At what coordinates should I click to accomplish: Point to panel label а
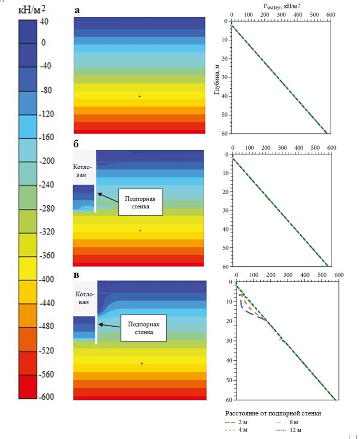tap(77, 10)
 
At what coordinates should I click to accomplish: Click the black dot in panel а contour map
tap(139, 96)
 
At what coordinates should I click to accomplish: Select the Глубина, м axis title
tap(218, 79)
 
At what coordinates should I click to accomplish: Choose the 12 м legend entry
tap(292, 431)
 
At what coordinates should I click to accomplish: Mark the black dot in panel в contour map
tap(142, 363)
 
